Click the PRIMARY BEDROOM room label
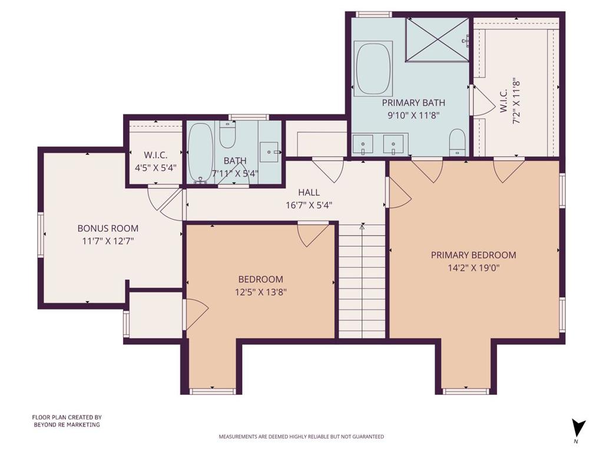[x=473, y=255]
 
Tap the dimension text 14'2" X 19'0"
[x=473, y=267]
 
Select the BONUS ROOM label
[x=108, y=228]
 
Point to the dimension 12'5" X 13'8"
[x=260, y=291]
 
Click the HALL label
[x=309, y=192]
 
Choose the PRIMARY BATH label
[x=413, y=102]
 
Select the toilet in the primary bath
[x=457, y=142]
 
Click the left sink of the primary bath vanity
[x=363, y=143]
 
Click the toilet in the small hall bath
[x=227, y=135]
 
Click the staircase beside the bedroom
[x=362, y=282]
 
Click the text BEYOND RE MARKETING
[x=66, y=424]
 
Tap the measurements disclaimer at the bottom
[x=301, y=437]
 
